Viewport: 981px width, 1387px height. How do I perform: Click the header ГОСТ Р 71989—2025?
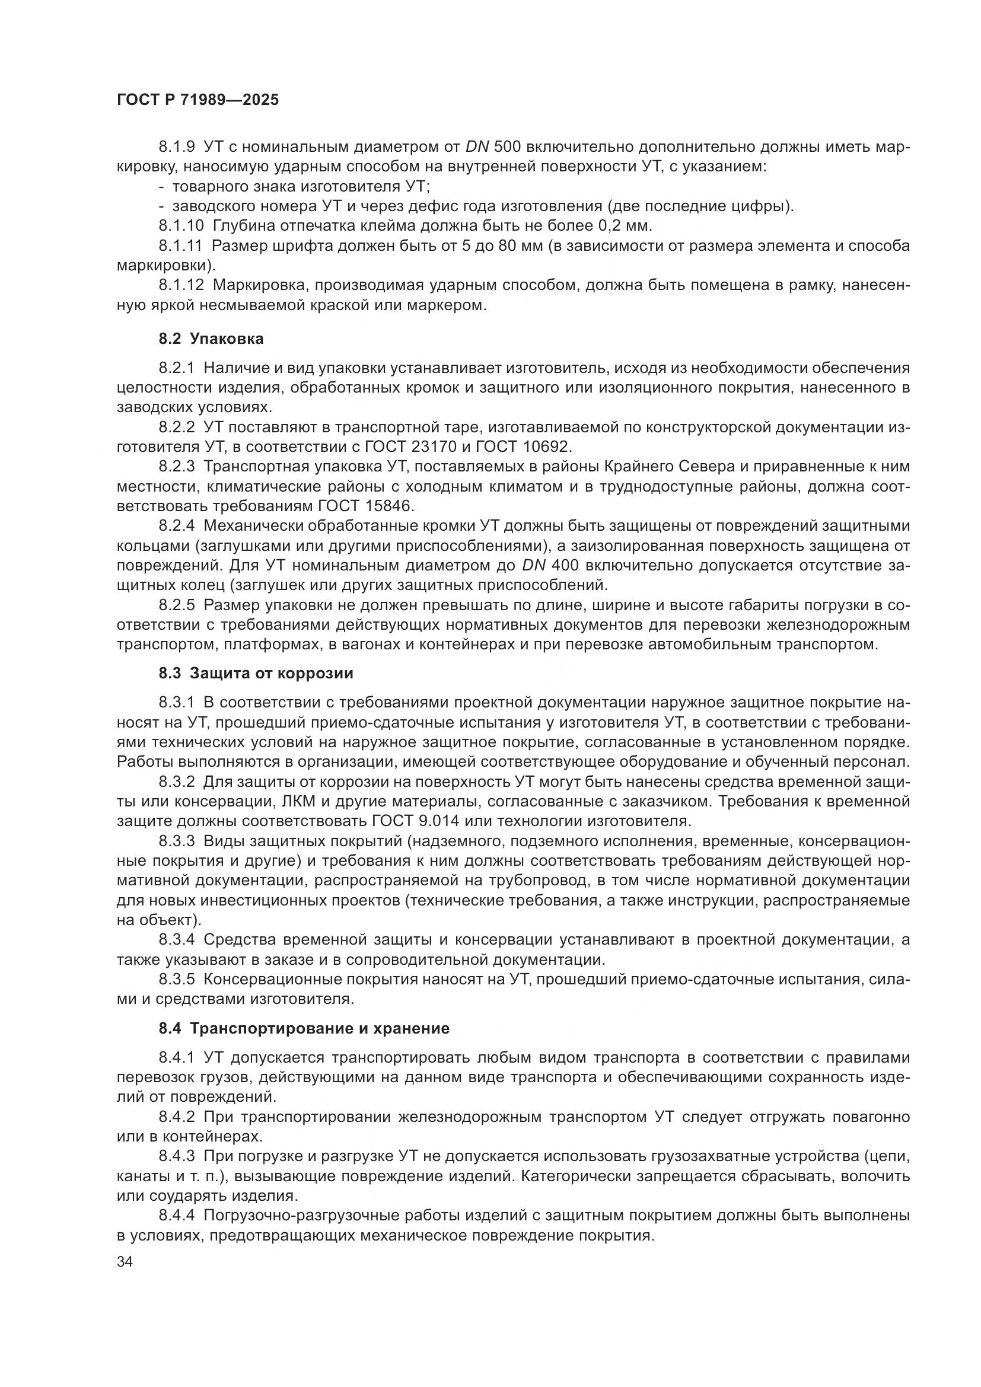click(x=198, y=100)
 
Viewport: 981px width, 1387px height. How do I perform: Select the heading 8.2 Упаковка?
click(x=211, y=339)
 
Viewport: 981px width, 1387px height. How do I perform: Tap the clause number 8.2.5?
click(x=177, y=605)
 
